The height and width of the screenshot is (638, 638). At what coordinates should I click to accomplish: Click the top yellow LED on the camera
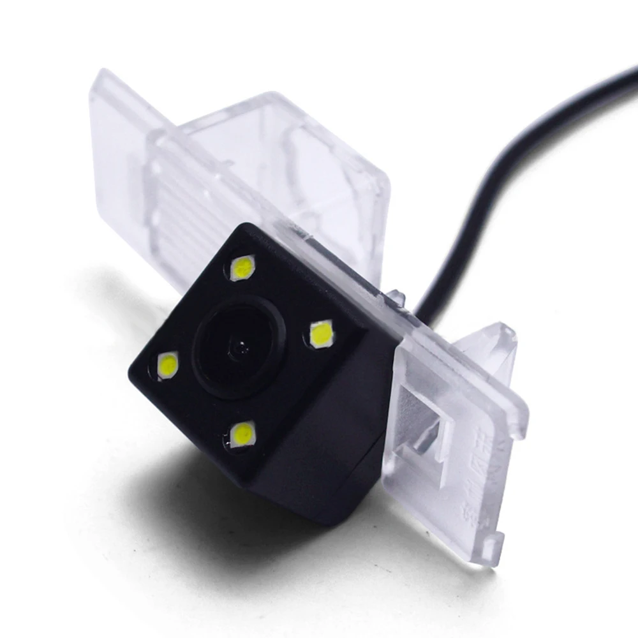242,267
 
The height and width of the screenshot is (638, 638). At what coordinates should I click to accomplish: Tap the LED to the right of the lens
321,334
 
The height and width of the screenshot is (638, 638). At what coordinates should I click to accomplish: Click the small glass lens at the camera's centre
241,348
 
